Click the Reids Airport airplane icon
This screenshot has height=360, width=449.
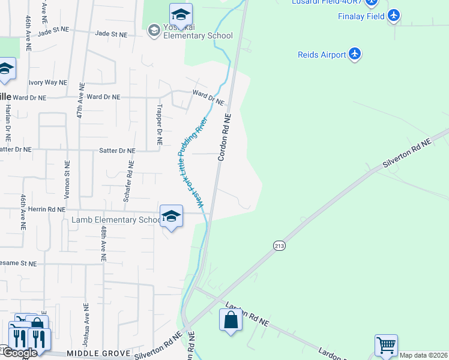point(355,55)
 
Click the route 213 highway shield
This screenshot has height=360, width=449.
point(280,246)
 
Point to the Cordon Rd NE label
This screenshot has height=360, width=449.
point(224,137)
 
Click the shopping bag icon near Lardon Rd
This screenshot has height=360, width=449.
point(231,320)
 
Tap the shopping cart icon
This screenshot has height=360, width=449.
point(386,346)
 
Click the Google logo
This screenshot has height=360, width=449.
point(19,353)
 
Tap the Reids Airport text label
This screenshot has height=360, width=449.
point(322,55)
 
